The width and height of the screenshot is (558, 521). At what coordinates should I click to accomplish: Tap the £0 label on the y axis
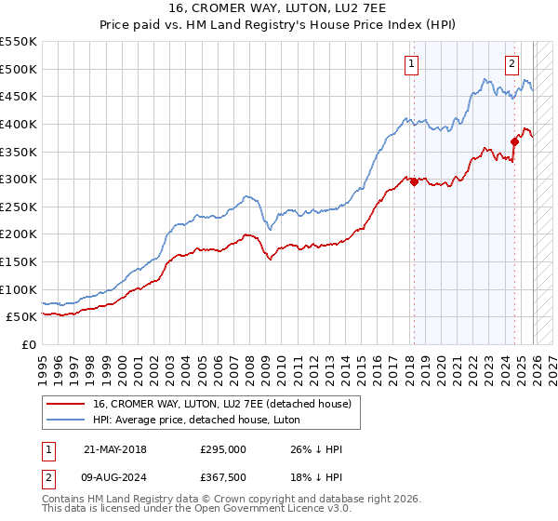click(x=28, y=344)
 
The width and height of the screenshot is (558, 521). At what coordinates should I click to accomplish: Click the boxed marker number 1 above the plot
click(x=411, y=64)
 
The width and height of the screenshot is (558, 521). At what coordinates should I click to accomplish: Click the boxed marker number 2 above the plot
click(x=511, y=64)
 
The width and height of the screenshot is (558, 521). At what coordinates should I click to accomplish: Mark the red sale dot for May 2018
click(x=414, y=181)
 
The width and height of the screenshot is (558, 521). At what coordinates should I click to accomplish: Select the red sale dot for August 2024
click(x=514, y=141)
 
